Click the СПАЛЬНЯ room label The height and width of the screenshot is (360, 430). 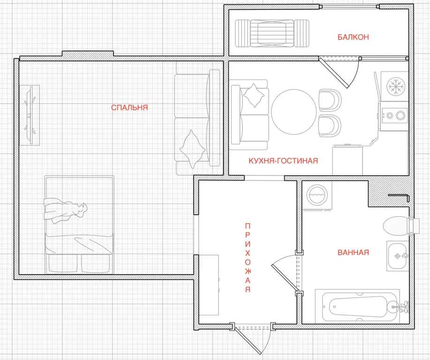129,107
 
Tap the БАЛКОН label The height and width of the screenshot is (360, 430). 353,37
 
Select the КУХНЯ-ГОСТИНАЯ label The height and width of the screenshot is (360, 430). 283,161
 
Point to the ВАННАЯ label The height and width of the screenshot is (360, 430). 353,252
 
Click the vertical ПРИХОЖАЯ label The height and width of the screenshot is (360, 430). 248,258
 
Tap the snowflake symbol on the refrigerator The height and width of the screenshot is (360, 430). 396,86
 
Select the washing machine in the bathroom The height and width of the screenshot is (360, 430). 317,195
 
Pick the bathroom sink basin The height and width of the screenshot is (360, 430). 397,256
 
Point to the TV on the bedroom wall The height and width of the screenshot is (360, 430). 30,115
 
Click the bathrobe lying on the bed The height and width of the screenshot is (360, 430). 65,210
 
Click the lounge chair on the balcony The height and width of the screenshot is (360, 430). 272,33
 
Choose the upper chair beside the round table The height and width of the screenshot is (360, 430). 330,100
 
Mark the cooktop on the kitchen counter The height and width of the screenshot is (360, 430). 394,115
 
